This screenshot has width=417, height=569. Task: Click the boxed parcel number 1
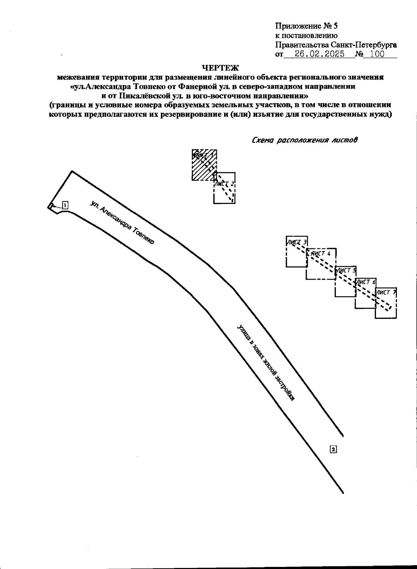65,205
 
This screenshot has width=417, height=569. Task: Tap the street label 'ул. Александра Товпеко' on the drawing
122,223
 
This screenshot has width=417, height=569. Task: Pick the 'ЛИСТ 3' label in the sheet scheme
296,242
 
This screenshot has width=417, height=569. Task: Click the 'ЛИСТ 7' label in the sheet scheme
386,292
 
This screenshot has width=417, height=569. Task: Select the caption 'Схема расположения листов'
304,140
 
